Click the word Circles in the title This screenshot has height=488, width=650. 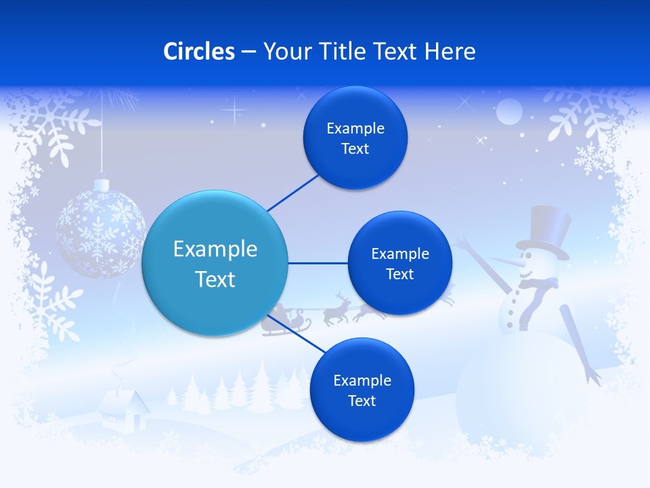(199, 52)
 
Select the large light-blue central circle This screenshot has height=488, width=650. (215, 263)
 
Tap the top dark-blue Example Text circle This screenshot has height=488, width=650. (355, 138)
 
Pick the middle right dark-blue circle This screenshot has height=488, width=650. (399, 263)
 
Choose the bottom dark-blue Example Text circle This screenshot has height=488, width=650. (362, 390)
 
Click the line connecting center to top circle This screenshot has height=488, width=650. (292, 192)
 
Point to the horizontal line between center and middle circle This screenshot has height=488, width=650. (318, 263)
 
